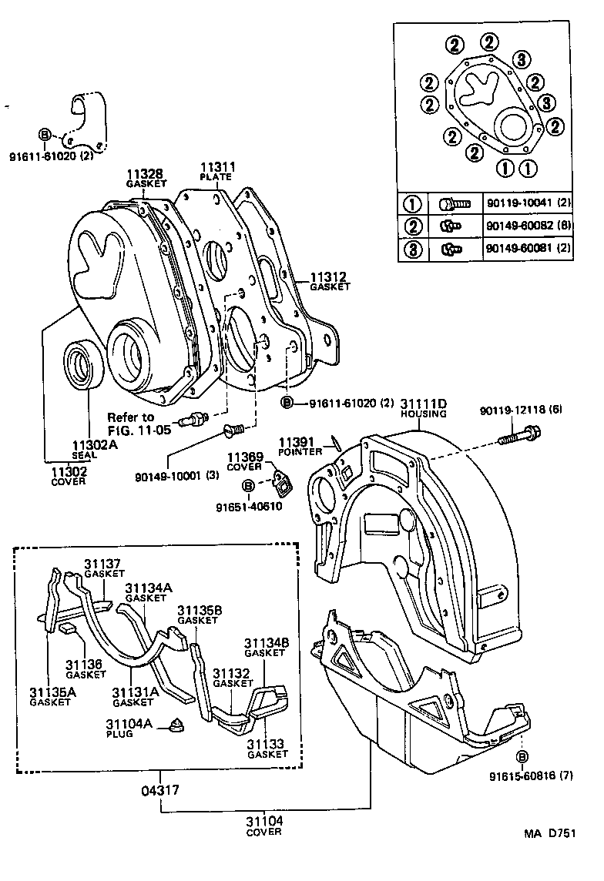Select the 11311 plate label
(218, 171)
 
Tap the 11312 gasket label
(330, 280)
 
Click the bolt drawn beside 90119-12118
(518, 437)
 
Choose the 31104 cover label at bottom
(265, 826)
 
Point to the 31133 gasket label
(267, 749)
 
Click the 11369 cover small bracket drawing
(283, 484)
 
